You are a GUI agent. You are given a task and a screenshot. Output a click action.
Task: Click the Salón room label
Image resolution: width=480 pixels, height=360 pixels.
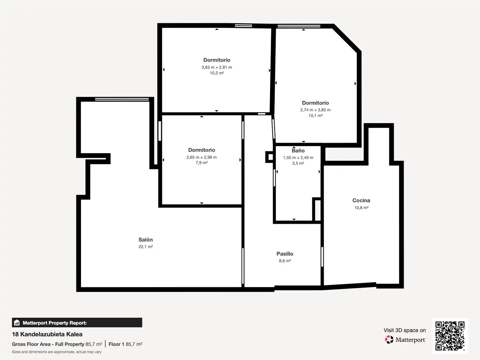coord(145,240)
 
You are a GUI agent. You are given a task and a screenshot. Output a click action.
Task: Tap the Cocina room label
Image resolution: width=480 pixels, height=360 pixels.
coord(361,200)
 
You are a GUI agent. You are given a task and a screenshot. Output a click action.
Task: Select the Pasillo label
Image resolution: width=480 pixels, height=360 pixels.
coord(285,254)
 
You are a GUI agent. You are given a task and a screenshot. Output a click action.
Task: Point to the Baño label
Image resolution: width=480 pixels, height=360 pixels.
coord(298,150)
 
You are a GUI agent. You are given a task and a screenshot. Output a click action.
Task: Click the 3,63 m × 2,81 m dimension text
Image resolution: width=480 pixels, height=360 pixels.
coord(217,67)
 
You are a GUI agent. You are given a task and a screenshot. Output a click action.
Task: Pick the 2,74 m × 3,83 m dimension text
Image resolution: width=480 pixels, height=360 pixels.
coord(315,110)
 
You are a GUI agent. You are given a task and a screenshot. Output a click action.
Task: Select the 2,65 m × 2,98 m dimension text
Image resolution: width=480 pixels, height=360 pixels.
coord(201,157)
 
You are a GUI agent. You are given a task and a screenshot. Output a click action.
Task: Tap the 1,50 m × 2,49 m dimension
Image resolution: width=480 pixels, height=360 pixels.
coord(298,158)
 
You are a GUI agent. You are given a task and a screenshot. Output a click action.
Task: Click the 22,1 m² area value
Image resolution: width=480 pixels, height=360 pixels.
coord(145,247)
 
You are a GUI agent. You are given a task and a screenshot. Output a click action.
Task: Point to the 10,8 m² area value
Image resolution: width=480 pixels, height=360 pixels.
coord(361,208)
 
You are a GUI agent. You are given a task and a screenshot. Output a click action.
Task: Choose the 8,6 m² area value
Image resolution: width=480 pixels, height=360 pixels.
coord(285,261)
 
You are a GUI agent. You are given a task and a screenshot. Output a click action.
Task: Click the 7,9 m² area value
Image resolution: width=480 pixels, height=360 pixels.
coord(201,163)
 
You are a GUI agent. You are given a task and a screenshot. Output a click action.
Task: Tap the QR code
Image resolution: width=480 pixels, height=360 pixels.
coord(450,336)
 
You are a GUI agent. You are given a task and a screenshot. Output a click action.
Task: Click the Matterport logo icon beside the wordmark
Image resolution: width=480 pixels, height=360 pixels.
coord(389,339)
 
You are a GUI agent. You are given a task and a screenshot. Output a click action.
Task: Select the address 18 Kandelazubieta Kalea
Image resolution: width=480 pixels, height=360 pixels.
coord(47,334)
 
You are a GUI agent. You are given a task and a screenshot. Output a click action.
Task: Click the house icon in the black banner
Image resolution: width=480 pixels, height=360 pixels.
coord(17,323)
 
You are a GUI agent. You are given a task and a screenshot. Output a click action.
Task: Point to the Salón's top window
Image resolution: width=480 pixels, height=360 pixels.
coord(122,99)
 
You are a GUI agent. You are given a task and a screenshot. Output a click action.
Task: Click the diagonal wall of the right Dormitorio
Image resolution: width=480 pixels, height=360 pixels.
coord(347,38)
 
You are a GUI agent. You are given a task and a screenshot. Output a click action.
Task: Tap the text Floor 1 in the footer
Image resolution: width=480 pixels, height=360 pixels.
coord(116,344)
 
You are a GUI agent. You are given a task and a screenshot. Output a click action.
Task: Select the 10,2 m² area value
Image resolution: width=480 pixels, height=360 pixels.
coord(217,73)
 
